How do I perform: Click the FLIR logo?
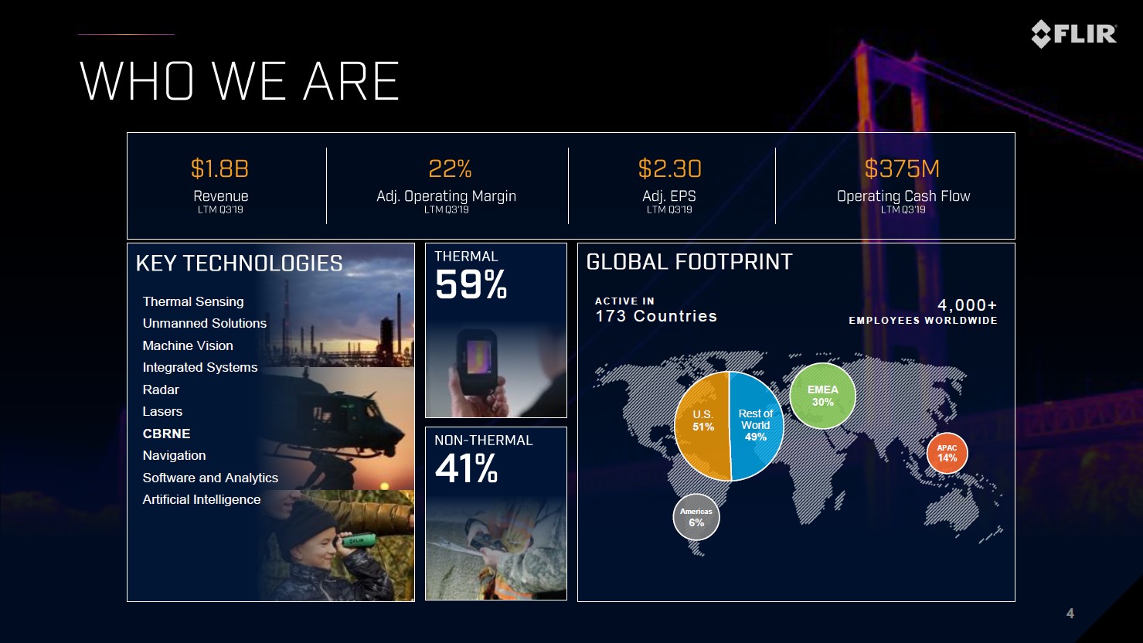1073,34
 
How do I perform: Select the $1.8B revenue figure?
219,168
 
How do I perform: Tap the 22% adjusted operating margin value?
450,168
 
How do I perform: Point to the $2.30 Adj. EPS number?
669,168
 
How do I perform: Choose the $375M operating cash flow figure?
902,168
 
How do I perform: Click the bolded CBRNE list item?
166,434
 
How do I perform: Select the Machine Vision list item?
188,345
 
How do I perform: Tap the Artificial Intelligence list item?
202,499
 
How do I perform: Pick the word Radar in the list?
161,390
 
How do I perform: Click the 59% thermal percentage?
471,284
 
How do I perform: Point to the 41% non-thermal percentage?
466,468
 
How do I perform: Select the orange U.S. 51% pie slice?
702,426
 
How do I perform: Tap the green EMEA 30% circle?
822,396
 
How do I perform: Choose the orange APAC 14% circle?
947,453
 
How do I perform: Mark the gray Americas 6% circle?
696,517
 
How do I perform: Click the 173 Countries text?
656,316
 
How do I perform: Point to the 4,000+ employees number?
967,305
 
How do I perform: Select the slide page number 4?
1070,614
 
